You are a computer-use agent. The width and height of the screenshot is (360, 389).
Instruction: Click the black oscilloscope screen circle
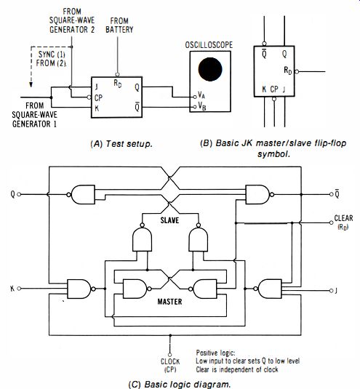[x=210, y=70]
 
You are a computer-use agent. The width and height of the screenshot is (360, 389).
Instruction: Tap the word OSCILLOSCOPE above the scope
[x=209, y=45]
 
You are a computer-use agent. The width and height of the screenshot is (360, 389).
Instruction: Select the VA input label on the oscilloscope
[x=201, y=95]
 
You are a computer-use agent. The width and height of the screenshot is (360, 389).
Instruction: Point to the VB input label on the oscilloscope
[x=201, y=106]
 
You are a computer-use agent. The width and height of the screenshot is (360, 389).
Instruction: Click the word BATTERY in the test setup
[x=119, y=30]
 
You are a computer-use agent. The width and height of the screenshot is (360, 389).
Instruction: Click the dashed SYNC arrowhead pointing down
[x=31, y=84]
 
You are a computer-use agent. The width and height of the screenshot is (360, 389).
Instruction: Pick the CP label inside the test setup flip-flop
[x=98, y=97]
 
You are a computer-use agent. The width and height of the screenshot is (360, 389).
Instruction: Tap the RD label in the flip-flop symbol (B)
[x=288, y=71]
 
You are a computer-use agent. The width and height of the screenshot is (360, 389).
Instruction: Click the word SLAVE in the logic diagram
[x=169, y=220]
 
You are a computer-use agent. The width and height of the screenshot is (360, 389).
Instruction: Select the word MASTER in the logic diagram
[x=169, y=302]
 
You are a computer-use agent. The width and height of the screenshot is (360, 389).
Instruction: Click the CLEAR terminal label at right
[x=343, y=218]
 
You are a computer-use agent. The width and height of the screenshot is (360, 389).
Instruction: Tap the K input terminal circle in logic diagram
[x=19, y=289]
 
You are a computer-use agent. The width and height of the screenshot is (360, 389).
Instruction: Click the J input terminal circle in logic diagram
[x=331, y=291]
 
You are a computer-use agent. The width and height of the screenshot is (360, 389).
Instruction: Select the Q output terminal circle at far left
[x=19, y=194]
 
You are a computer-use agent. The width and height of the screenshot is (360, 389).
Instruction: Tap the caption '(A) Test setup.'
[x=121, y=144]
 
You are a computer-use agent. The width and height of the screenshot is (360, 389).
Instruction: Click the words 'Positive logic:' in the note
[x=215, y=353]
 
